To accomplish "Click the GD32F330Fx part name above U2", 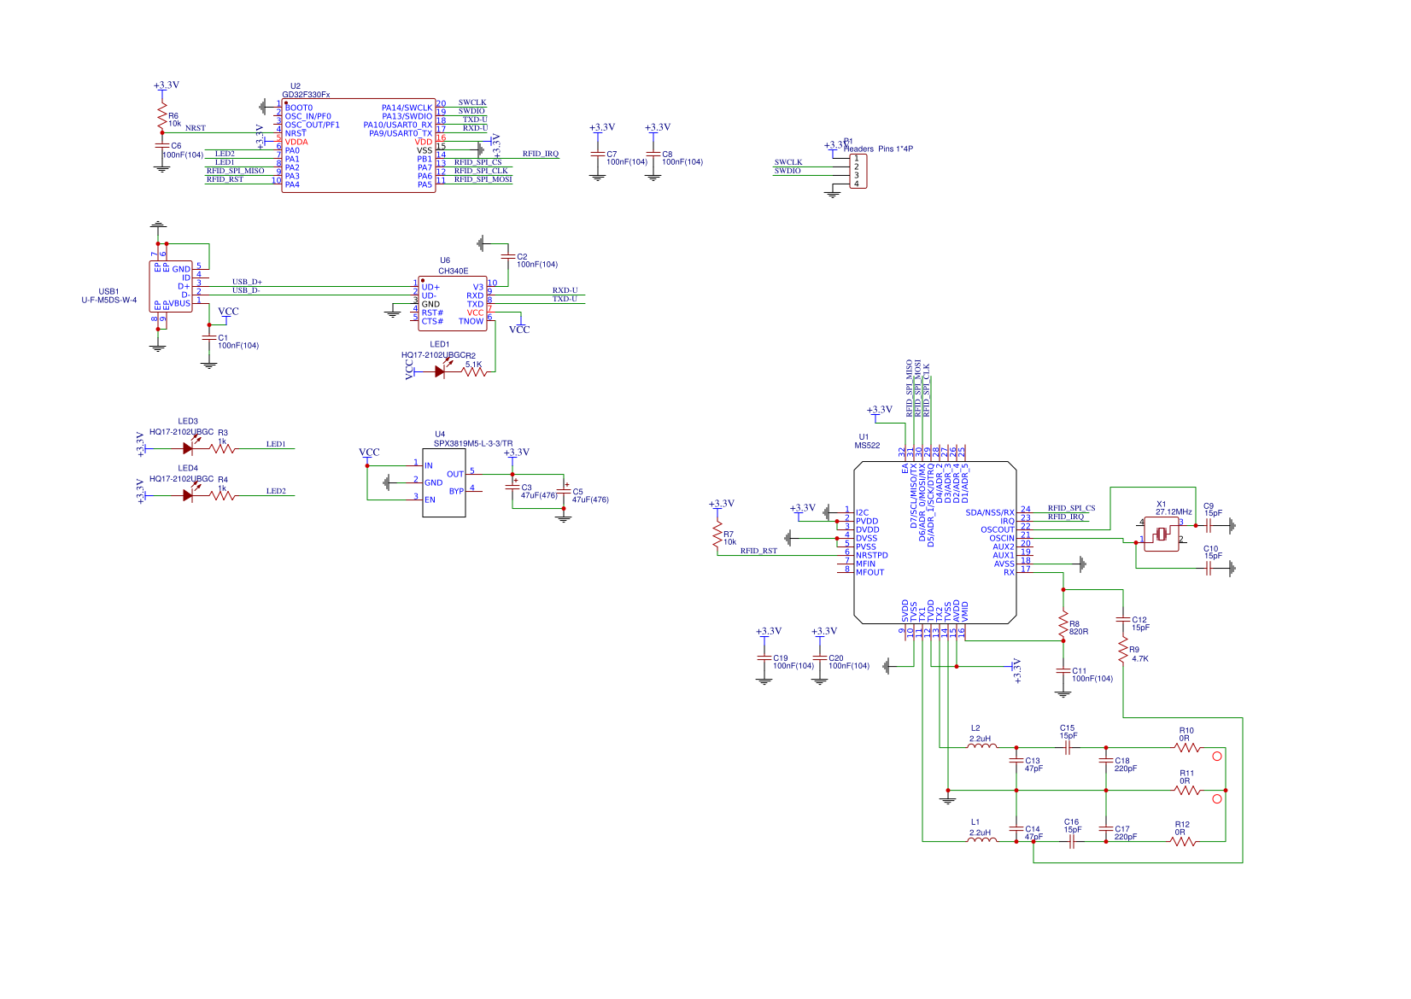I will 306,95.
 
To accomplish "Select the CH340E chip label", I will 453,271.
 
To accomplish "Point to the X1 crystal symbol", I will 1161,535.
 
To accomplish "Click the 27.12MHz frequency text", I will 1173,512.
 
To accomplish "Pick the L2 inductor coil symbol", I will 981,746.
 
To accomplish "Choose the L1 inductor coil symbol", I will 981,840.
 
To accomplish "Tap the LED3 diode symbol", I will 188,448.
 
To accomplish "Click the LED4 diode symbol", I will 188,495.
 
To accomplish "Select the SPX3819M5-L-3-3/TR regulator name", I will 472,443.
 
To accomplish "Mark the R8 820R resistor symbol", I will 1063,625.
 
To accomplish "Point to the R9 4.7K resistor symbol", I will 1122,651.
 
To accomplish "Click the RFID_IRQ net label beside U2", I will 540,154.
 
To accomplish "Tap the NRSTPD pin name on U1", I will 871,555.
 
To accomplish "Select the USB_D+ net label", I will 247,282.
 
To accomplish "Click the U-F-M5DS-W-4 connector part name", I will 108,300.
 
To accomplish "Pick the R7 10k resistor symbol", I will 717,535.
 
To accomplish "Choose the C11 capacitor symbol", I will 1063,670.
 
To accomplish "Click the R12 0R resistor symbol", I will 1182,841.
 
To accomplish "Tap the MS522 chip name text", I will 867,445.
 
